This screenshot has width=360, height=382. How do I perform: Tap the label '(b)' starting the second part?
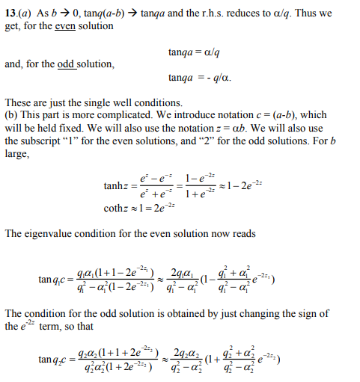tap(11, 114)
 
